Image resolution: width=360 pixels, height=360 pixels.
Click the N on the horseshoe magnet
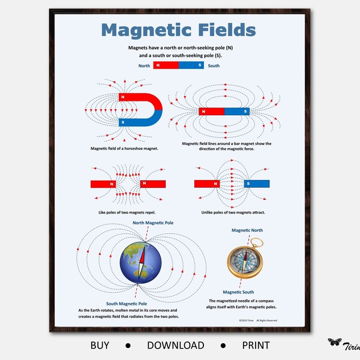tap(123, 97)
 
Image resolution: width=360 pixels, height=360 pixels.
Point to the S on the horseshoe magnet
tap(123, 121)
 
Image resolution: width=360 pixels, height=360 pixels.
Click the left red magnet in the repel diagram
tap(103, 184)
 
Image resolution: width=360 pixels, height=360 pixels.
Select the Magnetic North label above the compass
tap(247, 230)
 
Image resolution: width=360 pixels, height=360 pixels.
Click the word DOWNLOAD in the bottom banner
tap(176, 345)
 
